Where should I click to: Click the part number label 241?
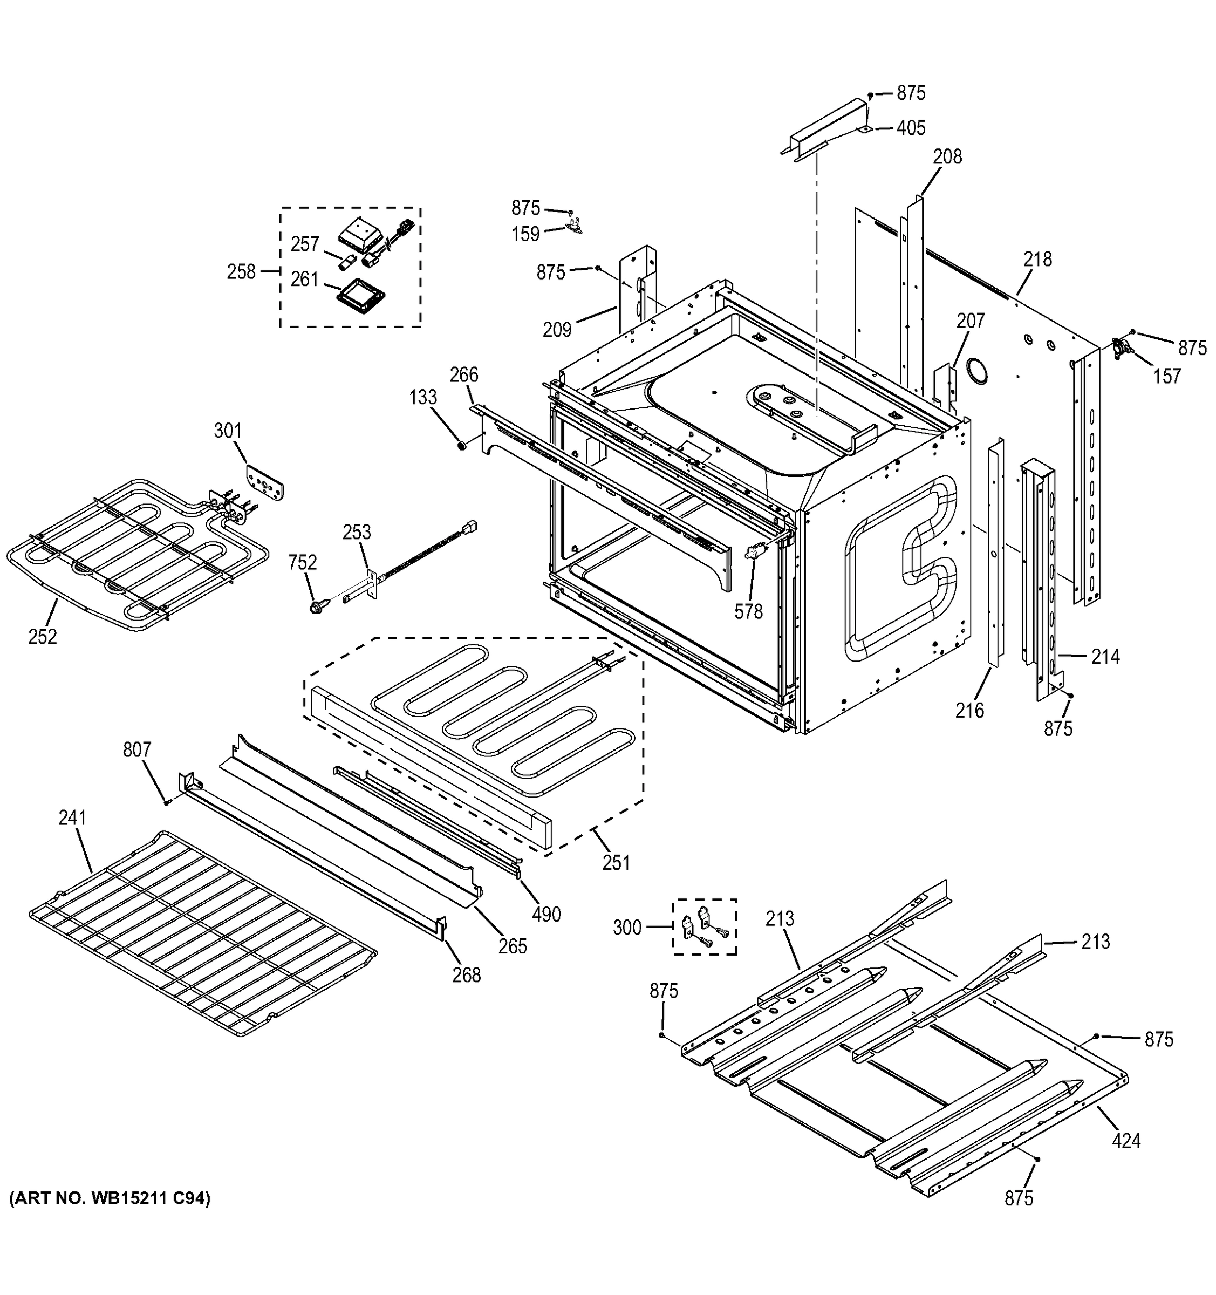(x=72, y=817)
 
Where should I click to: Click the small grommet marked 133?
(x=461, y=446)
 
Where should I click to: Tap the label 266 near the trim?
(x=464, y=374)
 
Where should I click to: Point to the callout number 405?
(x=911, y=128)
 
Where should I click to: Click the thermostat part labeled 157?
(x=1122, y=349)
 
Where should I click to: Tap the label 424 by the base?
(x=1126, y=1141)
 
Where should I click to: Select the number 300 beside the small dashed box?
(x=627, y=927)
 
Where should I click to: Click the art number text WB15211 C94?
(x=110, y=1198)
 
